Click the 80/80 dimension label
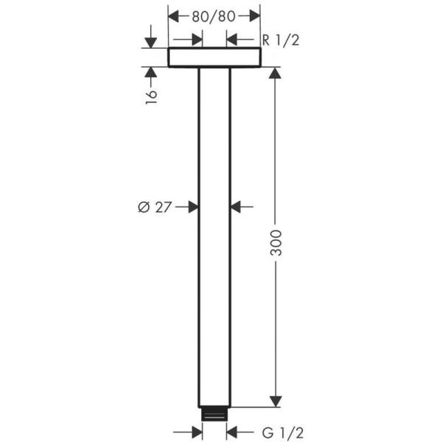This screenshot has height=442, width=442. pyautogui.click(x=214, y=15)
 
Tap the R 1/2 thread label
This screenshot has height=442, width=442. pyautogui.click(x=280, y=40)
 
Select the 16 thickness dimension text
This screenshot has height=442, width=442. pyautogui.click(x=151, y=96)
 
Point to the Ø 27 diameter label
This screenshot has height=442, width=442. pyautogui.click(x=155, y=207)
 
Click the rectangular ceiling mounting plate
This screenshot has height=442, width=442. pyautogui.click(x=214, y=57)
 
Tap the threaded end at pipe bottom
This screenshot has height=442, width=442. pyautogui.click(x=214, y=414)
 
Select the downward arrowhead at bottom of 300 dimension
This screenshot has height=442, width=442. pyautogui.click(x=276, y=400)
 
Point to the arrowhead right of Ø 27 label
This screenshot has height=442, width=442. pyautogui.click(x=192, y=207)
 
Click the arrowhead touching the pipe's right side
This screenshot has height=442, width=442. pyautogui.click(x=237, y=207)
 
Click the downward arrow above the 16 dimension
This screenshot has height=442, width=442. pyautogui.click(x=151, y=42)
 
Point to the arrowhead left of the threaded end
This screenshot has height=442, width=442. pyautogui.click(x=196, y=432)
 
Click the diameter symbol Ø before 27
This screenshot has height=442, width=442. pyautogui.click(x=144, y=207)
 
